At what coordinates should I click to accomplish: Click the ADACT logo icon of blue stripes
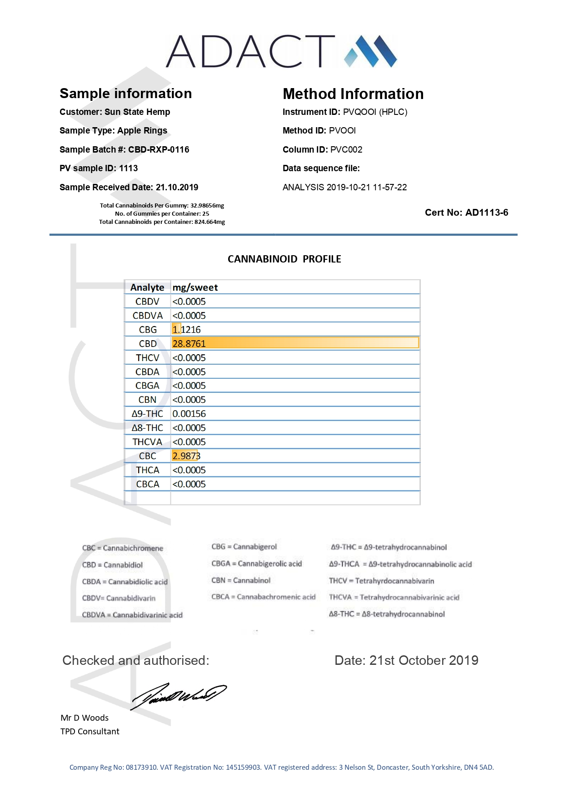370,51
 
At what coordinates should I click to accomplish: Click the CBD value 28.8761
189,344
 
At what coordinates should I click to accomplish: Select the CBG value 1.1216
186,330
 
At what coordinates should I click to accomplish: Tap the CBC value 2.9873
186,456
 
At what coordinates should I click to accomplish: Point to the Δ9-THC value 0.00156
189,414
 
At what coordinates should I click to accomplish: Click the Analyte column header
147,287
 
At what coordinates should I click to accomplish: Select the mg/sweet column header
195,287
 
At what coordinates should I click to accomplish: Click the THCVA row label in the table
147,442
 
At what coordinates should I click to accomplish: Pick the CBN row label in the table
147,400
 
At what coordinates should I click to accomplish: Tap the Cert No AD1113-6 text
466,213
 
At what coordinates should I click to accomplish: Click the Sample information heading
126,94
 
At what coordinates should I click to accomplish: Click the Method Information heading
353,94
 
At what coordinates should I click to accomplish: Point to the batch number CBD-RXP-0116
159,149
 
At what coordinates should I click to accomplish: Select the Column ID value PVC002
346,149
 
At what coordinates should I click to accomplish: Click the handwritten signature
178,695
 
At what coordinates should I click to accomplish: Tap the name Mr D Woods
85,718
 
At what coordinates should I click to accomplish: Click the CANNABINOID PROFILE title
284,259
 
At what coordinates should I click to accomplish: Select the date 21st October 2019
424,660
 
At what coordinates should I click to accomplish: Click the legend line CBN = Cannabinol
241,580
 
